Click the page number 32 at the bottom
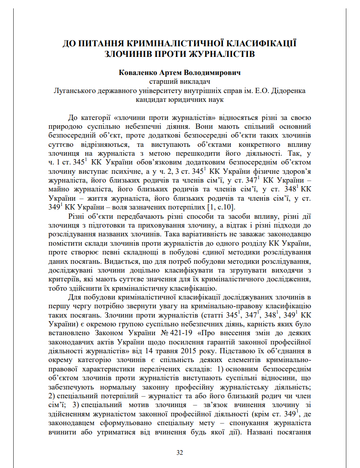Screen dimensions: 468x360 pyautogui.click(x=180, y=453)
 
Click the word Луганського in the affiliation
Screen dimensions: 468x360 pyautogui.click(x=71, y=91)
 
